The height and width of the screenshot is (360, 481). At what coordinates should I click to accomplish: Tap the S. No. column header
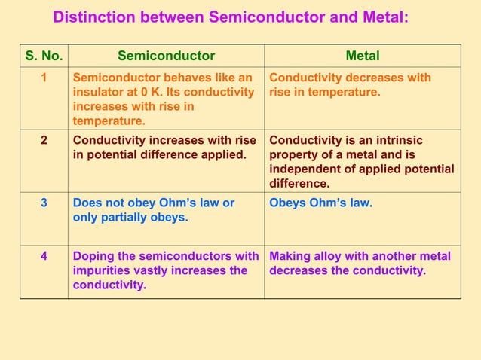click(44, 56)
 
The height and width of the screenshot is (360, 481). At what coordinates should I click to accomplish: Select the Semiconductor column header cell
click(166, 56)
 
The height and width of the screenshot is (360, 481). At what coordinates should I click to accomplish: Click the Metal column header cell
click(362, 56)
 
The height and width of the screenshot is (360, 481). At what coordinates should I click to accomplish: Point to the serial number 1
click(44, 78)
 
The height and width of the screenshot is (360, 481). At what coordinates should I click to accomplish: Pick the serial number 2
click(44, 140)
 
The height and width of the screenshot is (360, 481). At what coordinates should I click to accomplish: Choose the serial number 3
click(44, 203)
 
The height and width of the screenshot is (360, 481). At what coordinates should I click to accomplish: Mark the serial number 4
click(44, 256)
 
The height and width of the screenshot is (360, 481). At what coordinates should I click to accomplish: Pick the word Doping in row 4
click(93, 256)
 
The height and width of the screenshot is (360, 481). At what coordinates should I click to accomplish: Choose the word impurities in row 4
click(103, 270)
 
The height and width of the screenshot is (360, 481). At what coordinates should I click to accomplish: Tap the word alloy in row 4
click(326, 256)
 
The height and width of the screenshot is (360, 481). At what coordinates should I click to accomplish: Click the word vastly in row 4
click(155, 270)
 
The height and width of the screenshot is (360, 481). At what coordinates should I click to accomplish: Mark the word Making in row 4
click(290, 256)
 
